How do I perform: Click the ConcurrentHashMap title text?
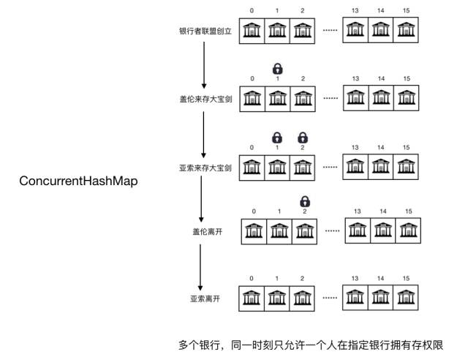click(x=79, y=181)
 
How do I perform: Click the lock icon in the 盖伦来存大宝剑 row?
click(x=277, y=69)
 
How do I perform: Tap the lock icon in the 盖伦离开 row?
click(x=303, y=201)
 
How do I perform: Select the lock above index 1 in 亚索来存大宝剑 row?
click(x=277, y=137)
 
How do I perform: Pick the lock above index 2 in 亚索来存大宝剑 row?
click(x=303, y=137)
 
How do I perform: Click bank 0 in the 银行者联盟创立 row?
click(x=252, y=31)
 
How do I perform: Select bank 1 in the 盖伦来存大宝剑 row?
click(x=277, y=99)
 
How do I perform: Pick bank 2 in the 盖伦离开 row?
click(x=304, y=231)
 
